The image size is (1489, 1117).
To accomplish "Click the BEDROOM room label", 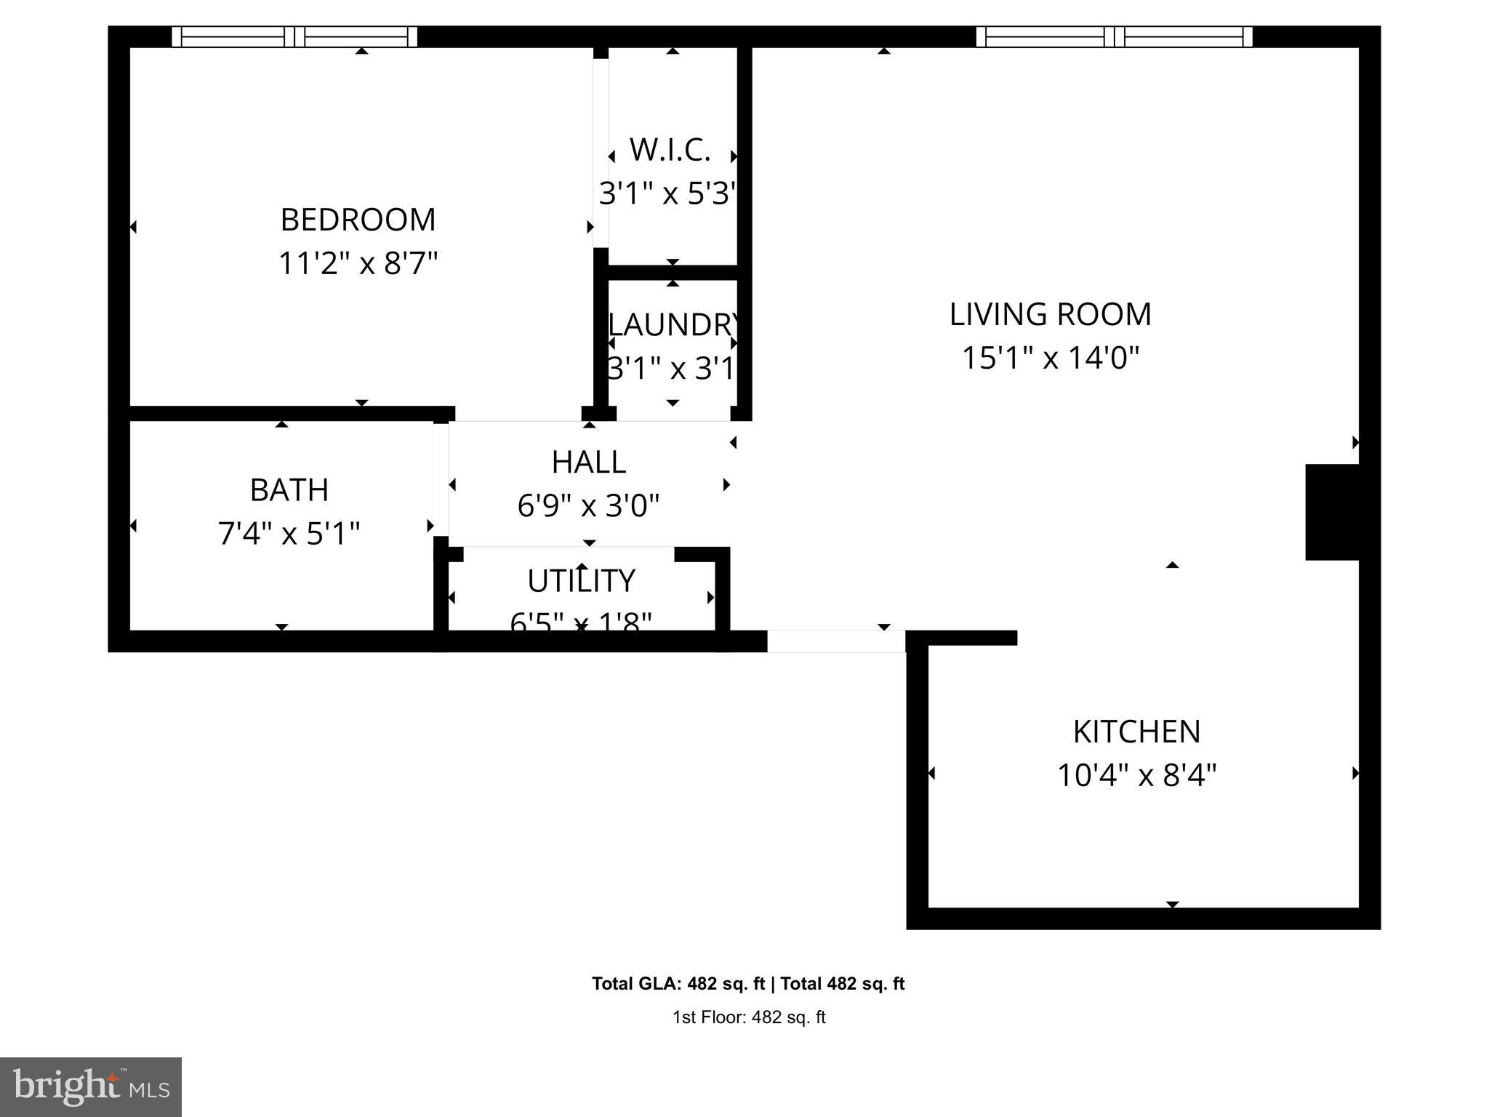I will point(358,220).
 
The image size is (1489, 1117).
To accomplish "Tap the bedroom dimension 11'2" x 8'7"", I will point(358,263).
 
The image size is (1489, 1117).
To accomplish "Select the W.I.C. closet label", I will point(670,150).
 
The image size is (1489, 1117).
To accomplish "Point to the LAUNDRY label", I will point(673,324).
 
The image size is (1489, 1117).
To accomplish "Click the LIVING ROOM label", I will point(1050,314).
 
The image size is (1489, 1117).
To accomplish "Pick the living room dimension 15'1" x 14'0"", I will point(1050,358).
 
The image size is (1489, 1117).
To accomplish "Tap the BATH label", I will point(289,490).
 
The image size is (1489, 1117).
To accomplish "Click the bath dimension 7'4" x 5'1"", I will point(289,534).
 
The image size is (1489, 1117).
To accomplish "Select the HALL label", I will point(588,462).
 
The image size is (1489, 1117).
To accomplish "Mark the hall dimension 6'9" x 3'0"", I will point(588,505).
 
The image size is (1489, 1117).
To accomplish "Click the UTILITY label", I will point(581,580).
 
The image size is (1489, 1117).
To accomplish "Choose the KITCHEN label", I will point(1136,732).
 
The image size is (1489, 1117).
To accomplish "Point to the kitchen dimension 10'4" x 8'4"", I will point(1136,775).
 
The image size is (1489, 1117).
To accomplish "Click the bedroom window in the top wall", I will point(294,36).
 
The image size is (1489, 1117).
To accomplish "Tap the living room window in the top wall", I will point(1114,36).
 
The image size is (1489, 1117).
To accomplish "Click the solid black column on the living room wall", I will point(1332,512).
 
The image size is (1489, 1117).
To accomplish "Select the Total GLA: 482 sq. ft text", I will point(678,984).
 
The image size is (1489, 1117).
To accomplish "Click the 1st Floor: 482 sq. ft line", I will point(748,1017).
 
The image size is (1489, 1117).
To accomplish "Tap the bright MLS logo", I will point(91,1086).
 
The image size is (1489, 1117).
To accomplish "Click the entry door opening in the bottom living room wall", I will point(836,641).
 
